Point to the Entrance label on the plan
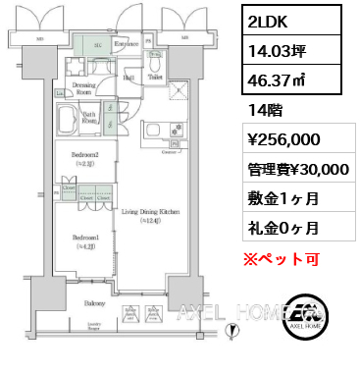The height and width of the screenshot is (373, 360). [126, 44]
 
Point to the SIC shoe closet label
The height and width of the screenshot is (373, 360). [98, 45]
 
